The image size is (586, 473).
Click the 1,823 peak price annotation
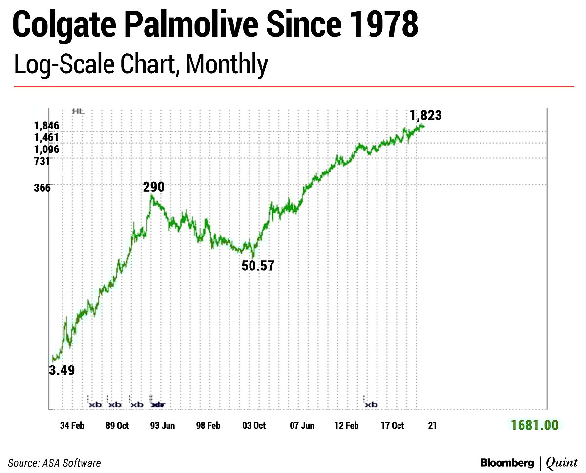[x=426, y=115]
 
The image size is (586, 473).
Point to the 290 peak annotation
[x=153, y=187]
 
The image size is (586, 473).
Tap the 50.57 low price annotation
[x=258, y=266]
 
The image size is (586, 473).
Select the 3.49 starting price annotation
[x=62, y=370]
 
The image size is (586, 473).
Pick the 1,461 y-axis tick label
[x=47, y=138]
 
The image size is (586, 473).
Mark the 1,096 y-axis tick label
[x=47, y=150]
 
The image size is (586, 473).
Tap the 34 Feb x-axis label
[x=72, y=425]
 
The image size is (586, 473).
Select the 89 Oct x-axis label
[x=117, y=425]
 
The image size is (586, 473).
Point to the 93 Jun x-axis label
[x=162, y=425]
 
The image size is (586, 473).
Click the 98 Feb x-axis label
[x=208, y=425]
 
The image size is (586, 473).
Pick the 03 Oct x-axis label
[x=254, y=425]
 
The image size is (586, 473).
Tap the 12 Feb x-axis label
[x=346, y=425]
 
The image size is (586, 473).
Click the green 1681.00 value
[x=534, y=425]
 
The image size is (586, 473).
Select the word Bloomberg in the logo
[x=507, y=462]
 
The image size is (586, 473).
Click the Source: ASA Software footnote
[x=55, y=462]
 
